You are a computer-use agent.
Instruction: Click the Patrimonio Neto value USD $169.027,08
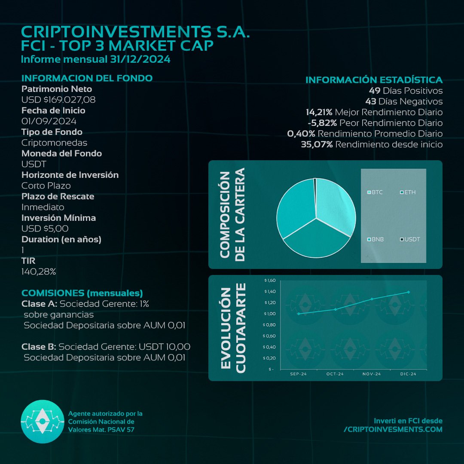click(x=58, y=100)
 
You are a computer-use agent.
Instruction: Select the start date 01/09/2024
click(x=49, y=121)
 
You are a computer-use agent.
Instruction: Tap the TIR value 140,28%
click(x=39, y=272)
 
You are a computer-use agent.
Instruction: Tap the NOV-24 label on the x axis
click(x=372, y=374)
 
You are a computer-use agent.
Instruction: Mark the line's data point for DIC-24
click(x=408, y=292)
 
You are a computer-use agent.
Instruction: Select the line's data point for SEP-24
click(x=299, y=314)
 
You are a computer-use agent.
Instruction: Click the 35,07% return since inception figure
click(x=317, y=144)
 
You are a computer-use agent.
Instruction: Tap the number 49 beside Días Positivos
click(x=373, y=91)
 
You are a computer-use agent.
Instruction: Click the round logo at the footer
click(x=42, y=421)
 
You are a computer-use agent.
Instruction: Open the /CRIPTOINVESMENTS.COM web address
click(x=393, y=429)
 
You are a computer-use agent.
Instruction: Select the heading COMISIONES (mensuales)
click(x=82, y=293)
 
